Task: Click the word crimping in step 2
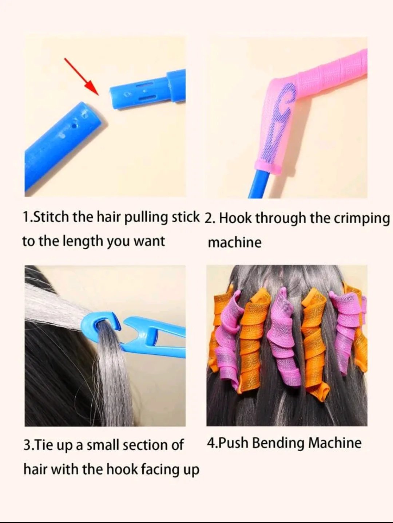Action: pos(362,219)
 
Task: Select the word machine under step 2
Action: pos(235,242)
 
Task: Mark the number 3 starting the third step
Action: pos(27,445)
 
